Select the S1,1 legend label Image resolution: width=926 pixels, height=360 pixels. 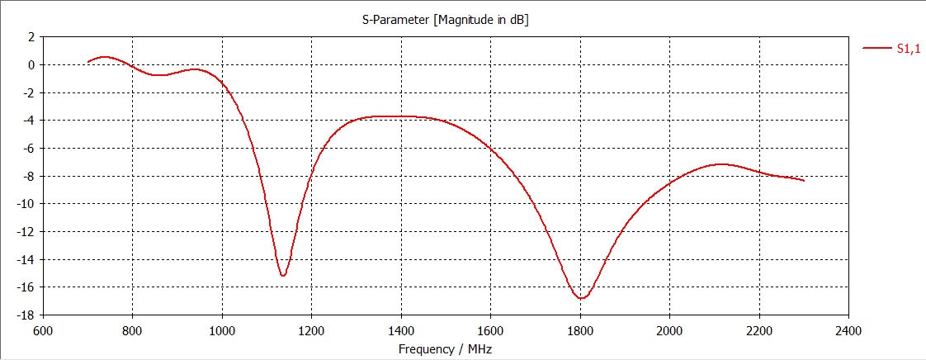pos(908,49)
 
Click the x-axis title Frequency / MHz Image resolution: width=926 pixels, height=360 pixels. pos(446,349)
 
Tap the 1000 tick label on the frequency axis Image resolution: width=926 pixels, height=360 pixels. pos(221,331)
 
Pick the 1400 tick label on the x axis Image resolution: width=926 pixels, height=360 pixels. pos(400,331)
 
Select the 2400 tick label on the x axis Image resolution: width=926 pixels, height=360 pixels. pos(848,331)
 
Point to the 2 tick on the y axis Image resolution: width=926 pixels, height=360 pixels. pos(31,37)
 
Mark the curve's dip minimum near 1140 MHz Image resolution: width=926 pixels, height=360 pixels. pos(283,276)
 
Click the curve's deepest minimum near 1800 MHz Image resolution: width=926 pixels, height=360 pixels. pos(581,298)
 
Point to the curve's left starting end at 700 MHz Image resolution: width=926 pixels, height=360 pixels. pos(87,62)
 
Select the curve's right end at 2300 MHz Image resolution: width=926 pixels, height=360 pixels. pos(804,180)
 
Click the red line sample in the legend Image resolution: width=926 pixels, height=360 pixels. pos(876,49)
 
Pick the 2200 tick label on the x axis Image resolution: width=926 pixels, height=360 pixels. pos(758,331)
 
